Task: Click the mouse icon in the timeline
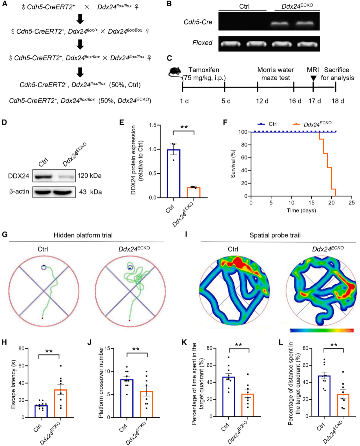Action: click(175, 71)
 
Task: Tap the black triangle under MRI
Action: click(313, 78)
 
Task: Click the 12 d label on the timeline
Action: click(262, 101)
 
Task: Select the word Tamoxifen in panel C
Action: click(204, 70)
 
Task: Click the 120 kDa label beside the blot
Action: click(89, 176)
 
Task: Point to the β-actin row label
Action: click(19, 192)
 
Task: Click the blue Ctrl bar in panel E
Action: click(173, 173)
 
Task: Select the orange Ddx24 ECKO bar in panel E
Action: click(194, 193)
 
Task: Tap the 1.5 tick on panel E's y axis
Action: click(153, 125)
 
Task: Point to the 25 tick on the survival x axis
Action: click(352, 203)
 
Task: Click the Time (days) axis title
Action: click(301, 211)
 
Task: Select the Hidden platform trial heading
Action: click(83, 235)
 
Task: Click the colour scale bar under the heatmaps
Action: click(321, 331)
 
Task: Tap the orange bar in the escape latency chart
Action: click(61, 403)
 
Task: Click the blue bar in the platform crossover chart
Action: click(127, 398)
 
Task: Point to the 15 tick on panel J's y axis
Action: click(107, 348)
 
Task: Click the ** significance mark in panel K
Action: click(238, 345)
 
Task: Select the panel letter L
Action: click(281, 342)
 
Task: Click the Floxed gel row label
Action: click(202, 43)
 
